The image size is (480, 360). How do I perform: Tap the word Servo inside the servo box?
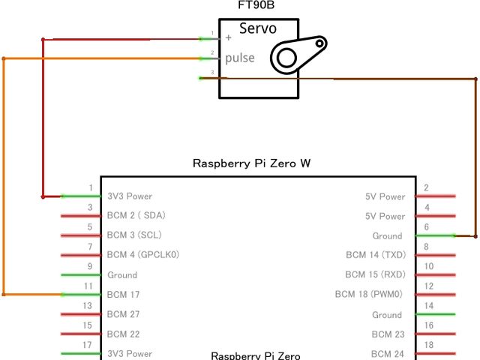tap(258, 29)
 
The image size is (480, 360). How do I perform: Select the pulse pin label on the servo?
tap(240, 58)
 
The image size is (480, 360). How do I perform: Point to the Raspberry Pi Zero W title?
tap(251, 163)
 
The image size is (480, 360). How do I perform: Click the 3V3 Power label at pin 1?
tap(130, 196)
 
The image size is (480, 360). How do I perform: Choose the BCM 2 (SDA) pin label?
tap(136, 216)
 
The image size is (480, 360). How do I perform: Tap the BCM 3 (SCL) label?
tap(134, 235)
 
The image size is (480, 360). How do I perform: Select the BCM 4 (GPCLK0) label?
tap(143, 255)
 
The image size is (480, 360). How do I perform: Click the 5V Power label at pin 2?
tap(385, 196)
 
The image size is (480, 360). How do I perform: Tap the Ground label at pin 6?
tap(387, 235)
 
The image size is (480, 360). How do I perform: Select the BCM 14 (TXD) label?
tap(375, 255)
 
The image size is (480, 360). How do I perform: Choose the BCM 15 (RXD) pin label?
tap(375, 274)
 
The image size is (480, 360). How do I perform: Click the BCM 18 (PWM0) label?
tap(370, 295)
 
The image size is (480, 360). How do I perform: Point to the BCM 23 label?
tap(388, 334)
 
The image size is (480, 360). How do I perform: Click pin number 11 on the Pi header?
tap(89, 286)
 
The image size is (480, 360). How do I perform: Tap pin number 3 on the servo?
tap(212, 73)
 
